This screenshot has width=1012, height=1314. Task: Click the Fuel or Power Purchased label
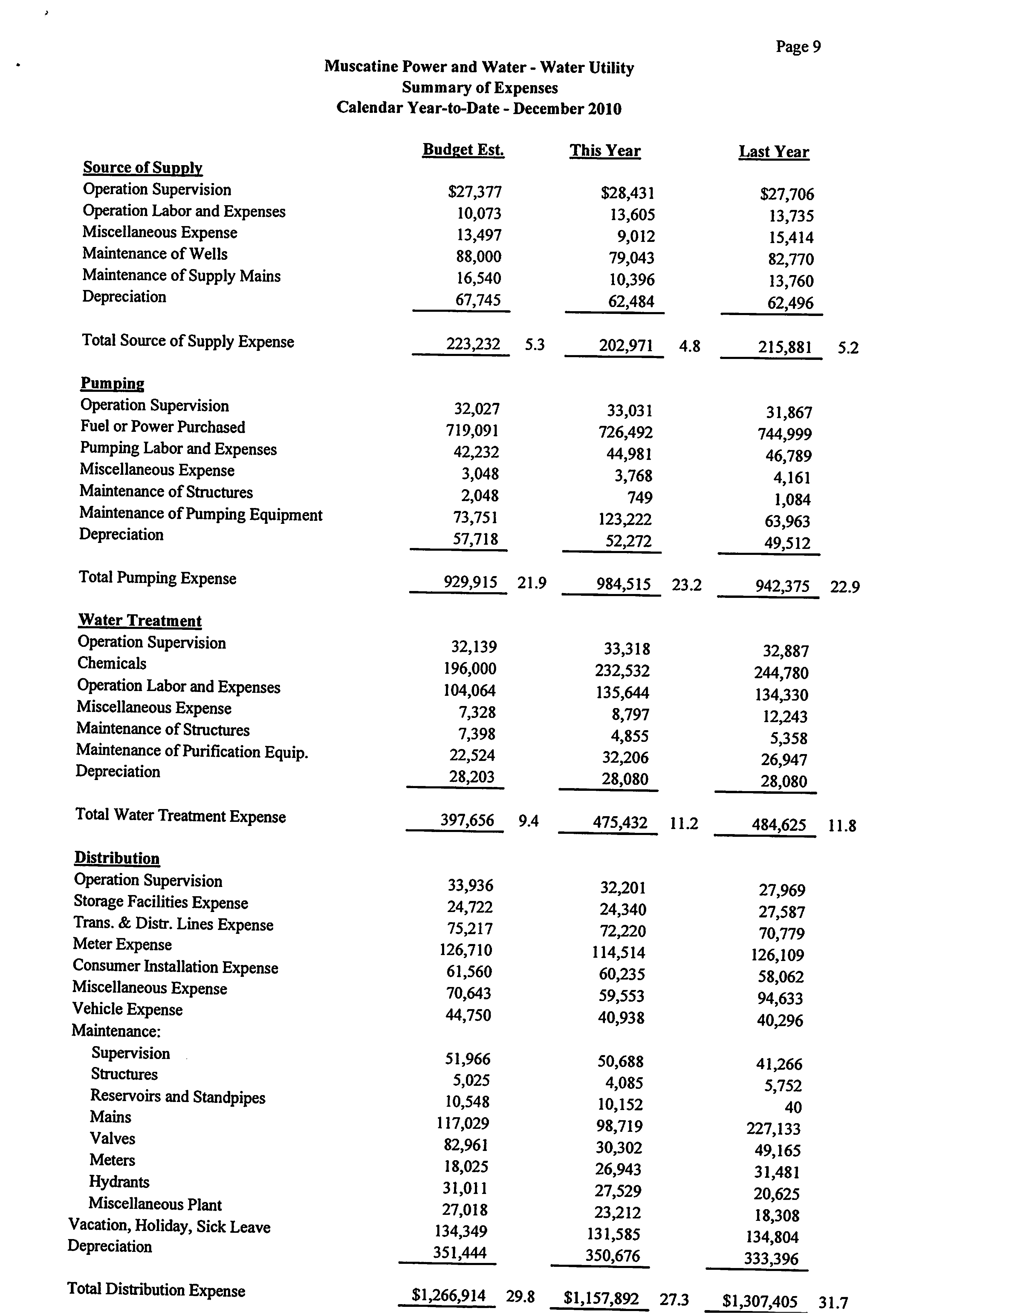163,427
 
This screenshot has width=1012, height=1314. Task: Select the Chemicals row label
112,664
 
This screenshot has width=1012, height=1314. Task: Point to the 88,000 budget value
479,257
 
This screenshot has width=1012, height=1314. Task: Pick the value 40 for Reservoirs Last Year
793,1107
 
